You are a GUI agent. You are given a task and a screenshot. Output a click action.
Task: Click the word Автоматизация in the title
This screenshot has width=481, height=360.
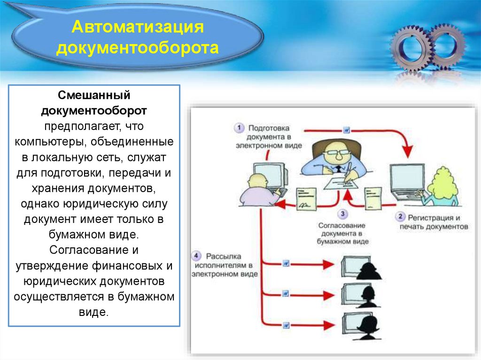pyautogui.click(x=137, y=27)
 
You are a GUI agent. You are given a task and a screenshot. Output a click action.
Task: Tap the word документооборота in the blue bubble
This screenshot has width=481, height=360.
pyautogui.click(x=137, y=47)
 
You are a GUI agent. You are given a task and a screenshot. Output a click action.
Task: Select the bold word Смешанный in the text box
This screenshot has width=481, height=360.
pyautogui.click(x=94, y=96)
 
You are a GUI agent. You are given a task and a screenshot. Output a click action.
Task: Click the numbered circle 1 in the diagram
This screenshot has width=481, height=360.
pyautogui.click(x=240, y=128)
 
